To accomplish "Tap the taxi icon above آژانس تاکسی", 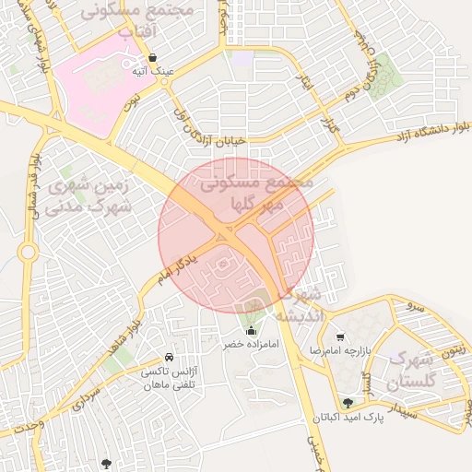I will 169,357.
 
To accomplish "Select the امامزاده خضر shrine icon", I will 251,331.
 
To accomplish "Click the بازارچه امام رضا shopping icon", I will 341,337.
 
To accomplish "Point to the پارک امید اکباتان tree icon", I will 348,403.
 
